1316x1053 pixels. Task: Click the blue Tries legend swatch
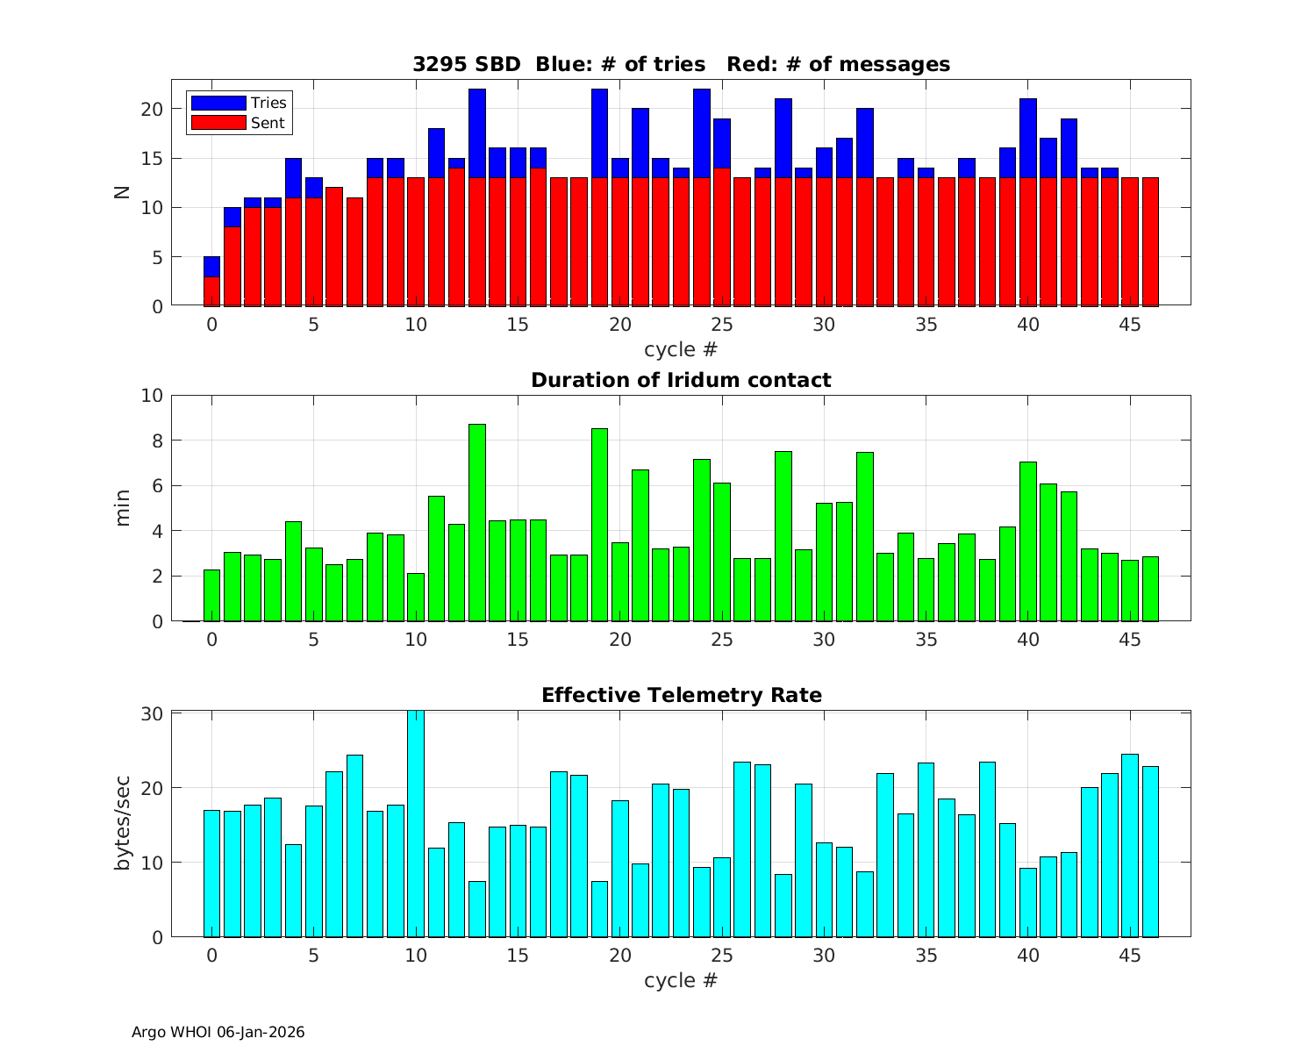218,103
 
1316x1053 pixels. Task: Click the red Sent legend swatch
218,123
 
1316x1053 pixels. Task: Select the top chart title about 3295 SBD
681,64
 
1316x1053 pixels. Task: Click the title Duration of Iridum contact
681,380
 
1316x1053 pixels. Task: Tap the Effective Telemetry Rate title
681,695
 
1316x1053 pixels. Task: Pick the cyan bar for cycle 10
416,825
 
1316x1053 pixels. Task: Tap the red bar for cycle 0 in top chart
211,291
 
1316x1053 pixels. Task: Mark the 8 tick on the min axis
158,441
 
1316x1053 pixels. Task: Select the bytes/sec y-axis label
122,823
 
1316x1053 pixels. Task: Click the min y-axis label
122,508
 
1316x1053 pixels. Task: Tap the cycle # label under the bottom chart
681,980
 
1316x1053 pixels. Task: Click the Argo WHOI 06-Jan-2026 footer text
218,1032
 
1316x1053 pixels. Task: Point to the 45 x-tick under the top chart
1130,324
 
